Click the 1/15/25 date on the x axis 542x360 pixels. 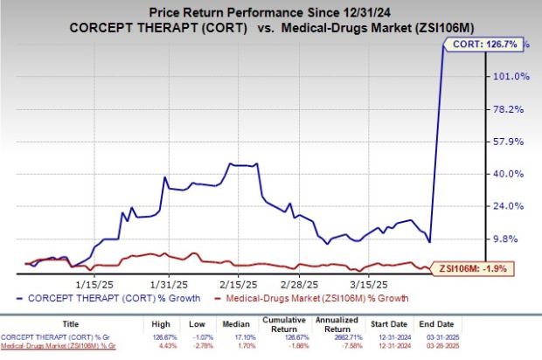91,284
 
